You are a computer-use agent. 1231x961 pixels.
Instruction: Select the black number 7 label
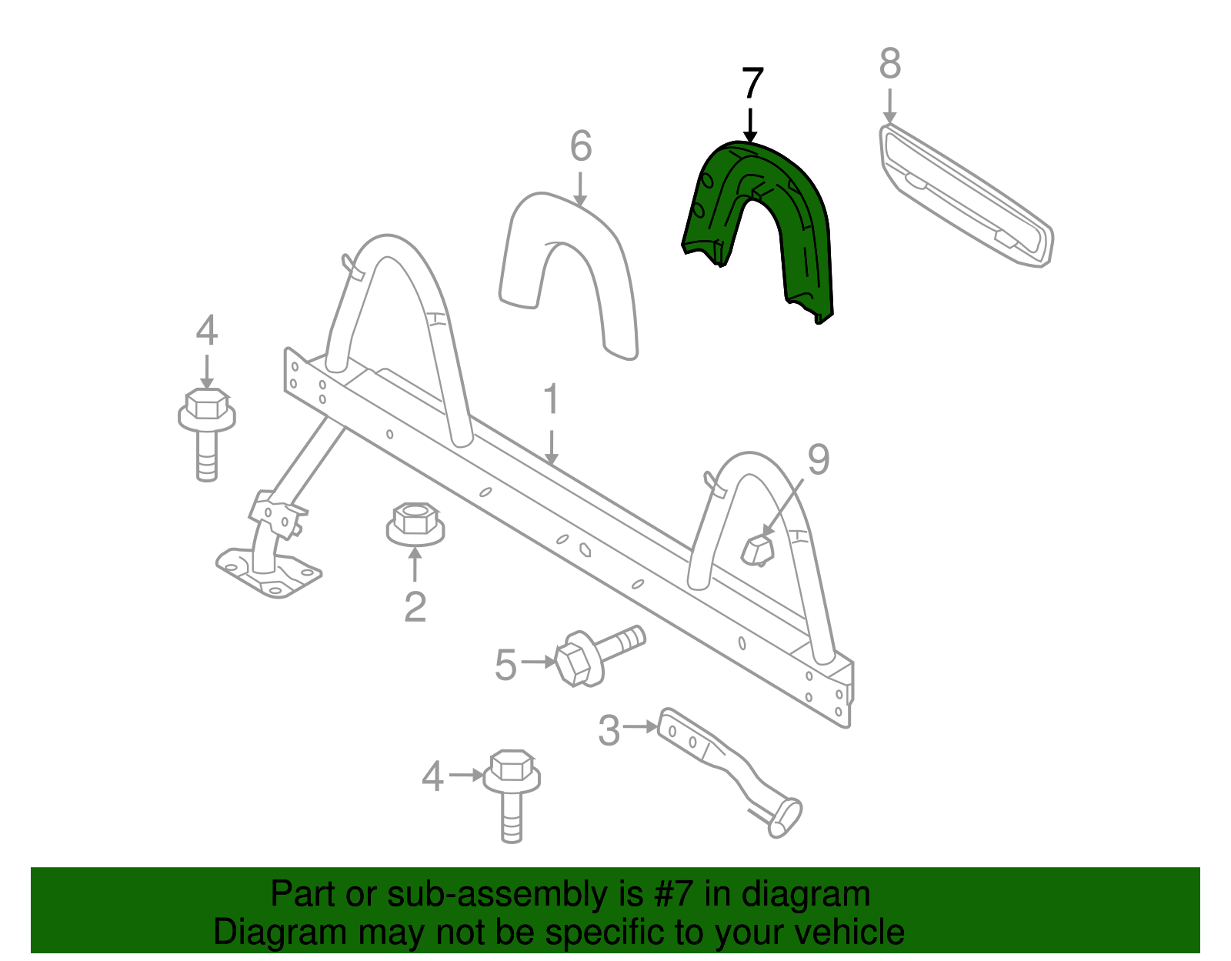pos(752,83)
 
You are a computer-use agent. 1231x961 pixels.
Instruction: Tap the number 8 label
pos(889,64)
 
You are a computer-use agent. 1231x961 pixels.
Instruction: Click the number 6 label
pos(581,146)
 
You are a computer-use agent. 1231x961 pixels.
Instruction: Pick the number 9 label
pos(818,459)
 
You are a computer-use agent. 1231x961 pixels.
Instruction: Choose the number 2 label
pos(415,607)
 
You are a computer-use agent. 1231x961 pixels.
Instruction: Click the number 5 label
pos(505,665)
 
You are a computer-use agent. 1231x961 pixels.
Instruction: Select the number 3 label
pos(609,730)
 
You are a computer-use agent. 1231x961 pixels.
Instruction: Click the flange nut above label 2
pos(415,524)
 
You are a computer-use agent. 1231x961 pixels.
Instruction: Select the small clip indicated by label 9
pos(756,549)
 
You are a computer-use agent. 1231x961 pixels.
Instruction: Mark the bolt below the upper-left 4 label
pos(206,431)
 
